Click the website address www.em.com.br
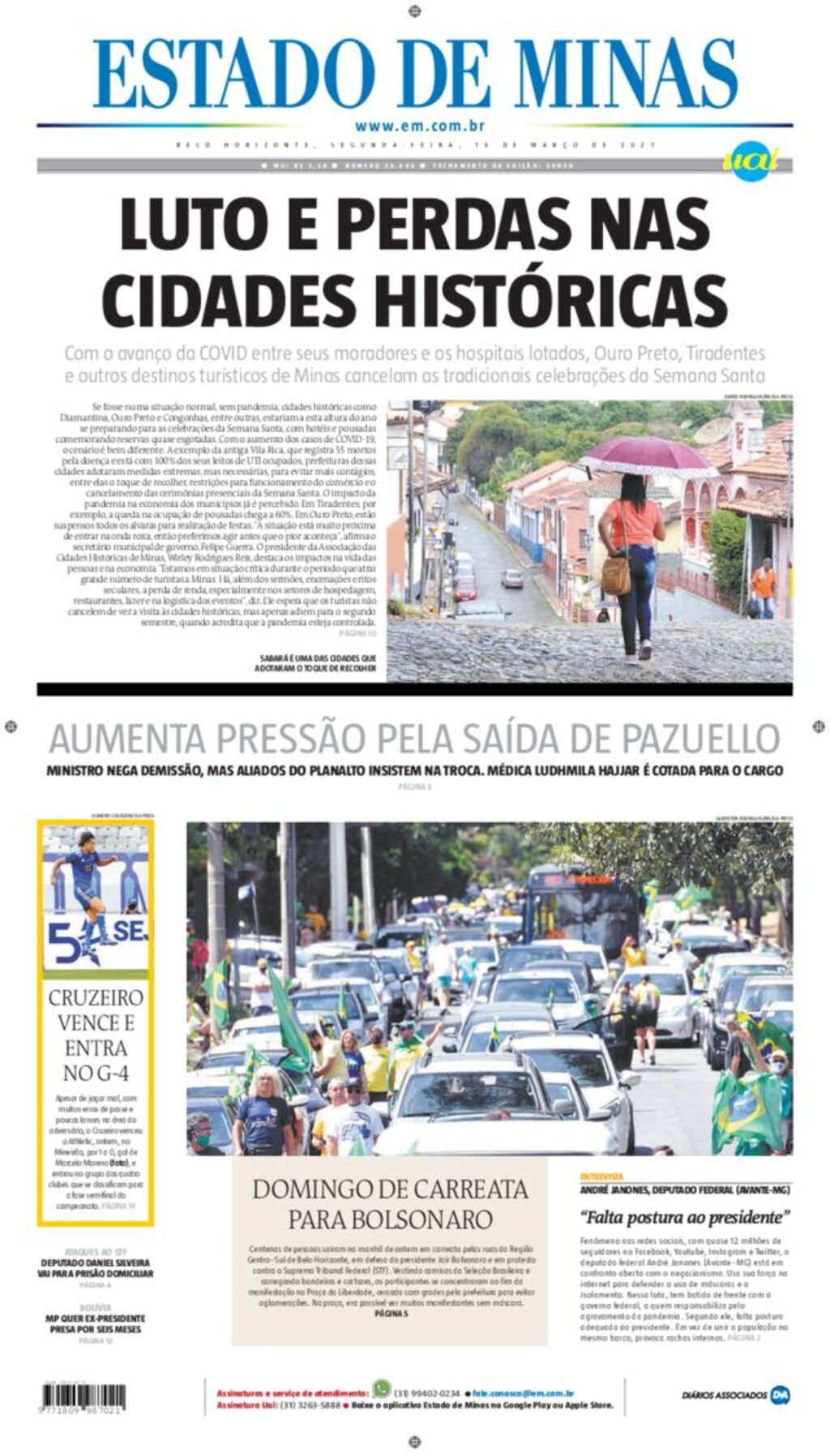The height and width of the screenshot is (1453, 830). [419, 126]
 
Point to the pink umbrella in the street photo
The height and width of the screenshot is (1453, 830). [646, 456]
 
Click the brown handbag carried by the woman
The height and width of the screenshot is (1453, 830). [616, 575]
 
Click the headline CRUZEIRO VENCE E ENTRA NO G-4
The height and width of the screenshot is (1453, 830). [96, 1035]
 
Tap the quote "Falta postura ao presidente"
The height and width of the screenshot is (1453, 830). [685, 1217]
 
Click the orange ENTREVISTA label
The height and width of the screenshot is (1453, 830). [601, 1176]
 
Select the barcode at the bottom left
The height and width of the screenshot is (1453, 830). [83, 1396]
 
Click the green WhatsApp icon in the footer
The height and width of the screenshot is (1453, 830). [382, 1388]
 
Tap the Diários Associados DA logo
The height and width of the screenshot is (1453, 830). [780, 1395]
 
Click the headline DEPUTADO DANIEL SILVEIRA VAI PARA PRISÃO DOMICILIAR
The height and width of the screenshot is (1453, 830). [95, 1268]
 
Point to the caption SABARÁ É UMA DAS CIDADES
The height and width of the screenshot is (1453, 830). [316, 662]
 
